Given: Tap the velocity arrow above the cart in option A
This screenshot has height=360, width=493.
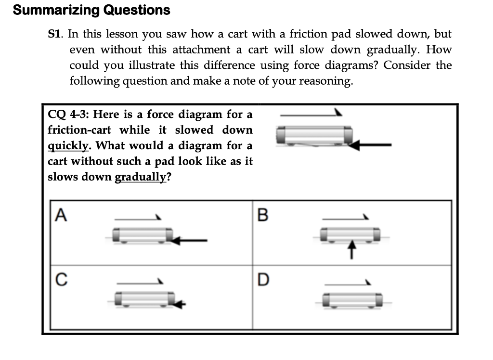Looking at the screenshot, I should coord(139,219).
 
